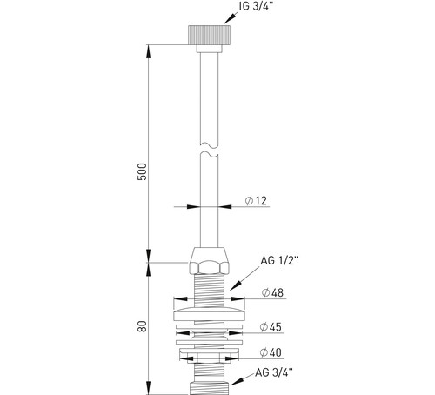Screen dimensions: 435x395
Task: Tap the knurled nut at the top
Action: tap(210, 35)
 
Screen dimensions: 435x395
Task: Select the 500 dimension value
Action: tap(142, 171)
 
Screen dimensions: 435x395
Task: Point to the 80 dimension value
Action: tap(142, 326)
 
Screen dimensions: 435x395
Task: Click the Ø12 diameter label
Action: tap(256, 201)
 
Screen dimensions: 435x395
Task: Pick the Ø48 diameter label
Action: tap(272, 292)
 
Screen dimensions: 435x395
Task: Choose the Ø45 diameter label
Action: tap(271, 327)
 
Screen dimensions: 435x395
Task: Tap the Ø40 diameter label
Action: tap(271, 352)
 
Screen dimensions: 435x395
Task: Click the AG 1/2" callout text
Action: tap(279, 261)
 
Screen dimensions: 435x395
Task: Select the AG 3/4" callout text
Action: tap(274, 372)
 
